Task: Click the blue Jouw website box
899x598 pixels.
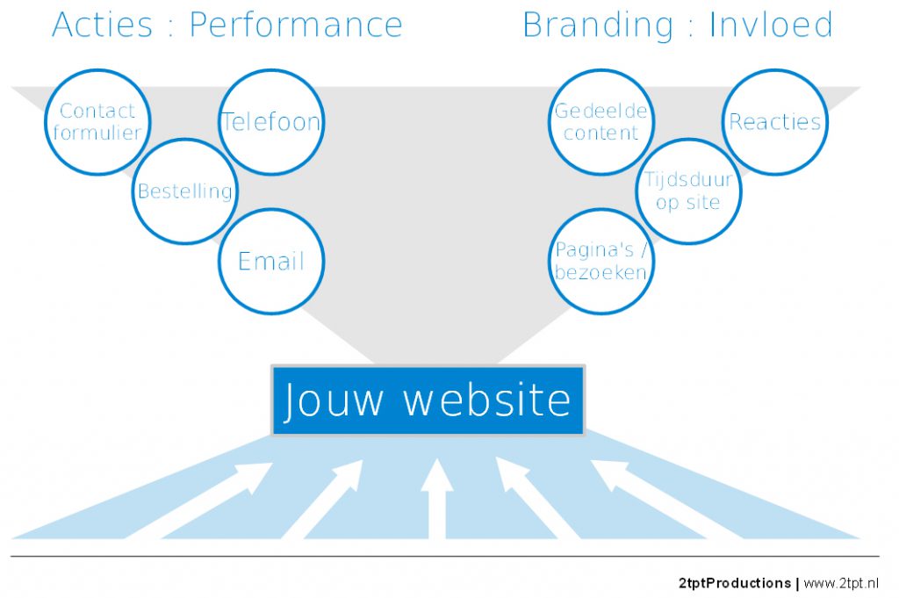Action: point(428,400)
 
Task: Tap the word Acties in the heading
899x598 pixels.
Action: point(102,25)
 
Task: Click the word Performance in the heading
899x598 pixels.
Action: point(296,25)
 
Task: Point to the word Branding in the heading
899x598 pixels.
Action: point(598,25)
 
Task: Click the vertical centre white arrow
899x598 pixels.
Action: point(437,499)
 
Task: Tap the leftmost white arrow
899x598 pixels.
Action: point(198,501)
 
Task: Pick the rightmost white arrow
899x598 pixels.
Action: point(667,500)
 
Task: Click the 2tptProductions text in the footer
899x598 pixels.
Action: point(735,583)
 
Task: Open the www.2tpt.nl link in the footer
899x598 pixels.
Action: point(840,583)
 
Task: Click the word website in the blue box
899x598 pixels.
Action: point(487,399)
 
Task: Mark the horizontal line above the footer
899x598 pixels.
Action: point(444,556)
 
